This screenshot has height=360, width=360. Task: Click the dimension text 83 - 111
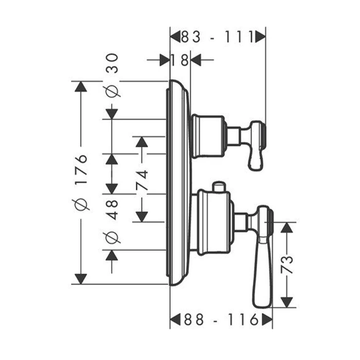218,37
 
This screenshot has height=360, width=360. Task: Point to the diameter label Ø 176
81,183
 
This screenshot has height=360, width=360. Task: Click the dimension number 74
142,180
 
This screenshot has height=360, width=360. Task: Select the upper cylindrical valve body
208,137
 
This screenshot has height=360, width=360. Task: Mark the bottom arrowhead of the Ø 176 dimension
80,278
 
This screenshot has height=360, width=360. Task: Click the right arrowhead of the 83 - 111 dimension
260,37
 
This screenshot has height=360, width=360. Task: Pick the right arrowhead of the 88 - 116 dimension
267,320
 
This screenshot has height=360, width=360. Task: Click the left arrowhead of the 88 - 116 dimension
175,320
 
